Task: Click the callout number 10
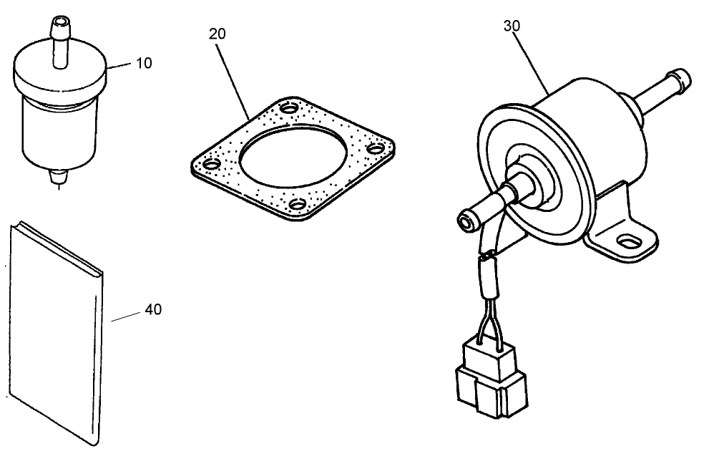pyautogui.click(x=143, y=63)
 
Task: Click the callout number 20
pyautogui.click(x=218, y=34)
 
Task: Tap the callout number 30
pyautogui.click(x=512, y=26)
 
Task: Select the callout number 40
pyautogui.click(x=153, y=310)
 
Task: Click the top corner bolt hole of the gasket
pyautogui.click(x=288, y=109)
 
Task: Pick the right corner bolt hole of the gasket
pyautogui.click(x=372, y=150)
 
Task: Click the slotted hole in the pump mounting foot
pyautogui.click(x=628, y=241)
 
